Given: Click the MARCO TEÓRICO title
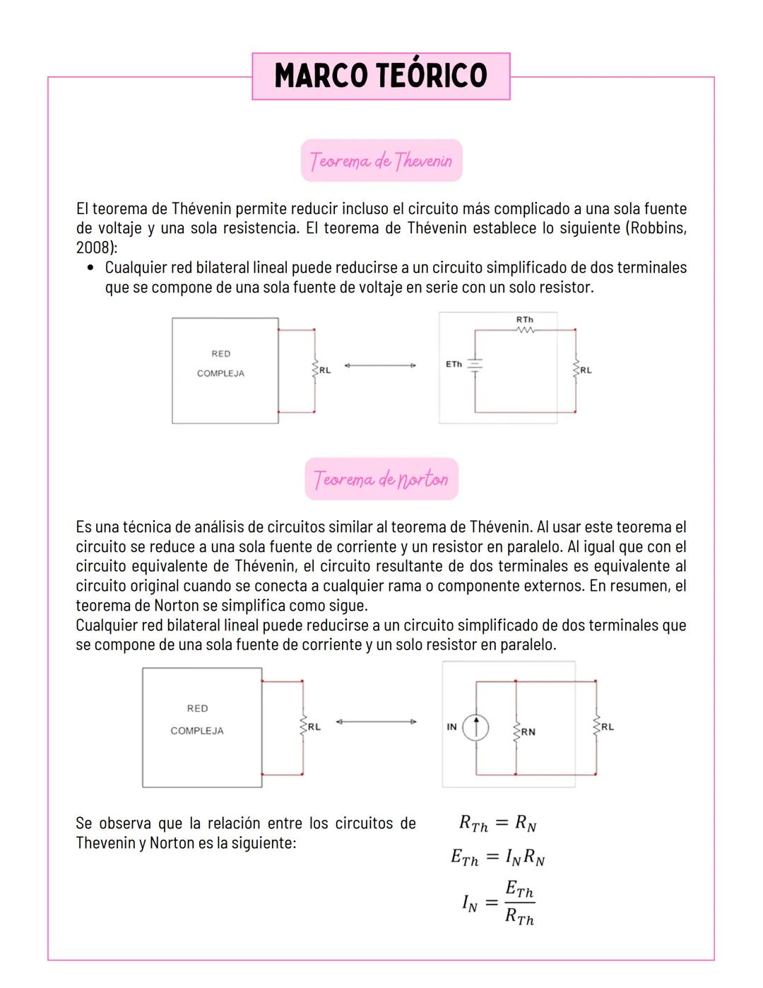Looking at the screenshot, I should click(x=381, y=76).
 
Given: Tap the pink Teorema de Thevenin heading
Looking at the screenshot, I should click(x=381, y=160).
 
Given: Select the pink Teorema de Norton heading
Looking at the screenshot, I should click(x=381, y=479).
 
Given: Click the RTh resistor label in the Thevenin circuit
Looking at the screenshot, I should click(x=524, y=320).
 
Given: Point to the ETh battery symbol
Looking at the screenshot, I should click(x=475, y=365).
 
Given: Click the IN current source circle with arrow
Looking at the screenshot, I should click(x=476, y=727).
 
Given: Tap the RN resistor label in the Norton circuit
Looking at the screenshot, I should click(x=528, y=732).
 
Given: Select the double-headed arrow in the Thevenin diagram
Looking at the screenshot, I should click(x=380, y=365).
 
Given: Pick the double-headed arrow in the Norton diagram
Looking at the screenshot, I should click(x=376, y=722).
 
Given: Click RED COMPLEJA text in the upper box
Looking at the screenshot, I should click(x=220, y=363).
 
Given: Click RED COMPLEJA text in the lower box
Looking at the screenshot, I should click(x=197, y=719).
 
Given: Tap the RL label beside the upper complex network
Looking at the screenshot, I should click(x=324, y=370).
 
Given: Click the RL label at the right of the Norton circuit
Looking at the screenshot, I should click(x=608, y=727).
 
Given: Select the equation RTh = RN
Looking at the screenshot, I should click(x=497, y=823).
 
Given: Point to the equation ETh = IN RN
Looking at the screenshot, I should click(x=497, y=857).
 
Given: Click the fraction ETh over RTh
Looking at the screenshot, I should click(x=519, y=903).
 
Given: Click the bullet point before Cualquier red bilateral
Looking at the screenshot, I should click(x=90, y=268).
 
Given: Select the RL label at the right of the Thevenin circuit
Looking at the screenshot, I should click(x=586, y=370).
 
